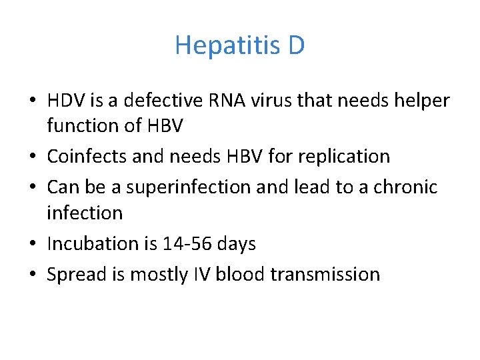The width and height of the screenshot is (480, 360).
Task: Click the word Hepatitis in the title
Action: coord(227,45)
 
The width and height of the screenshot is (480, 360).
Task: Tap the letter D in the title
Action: coord(297,45)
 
